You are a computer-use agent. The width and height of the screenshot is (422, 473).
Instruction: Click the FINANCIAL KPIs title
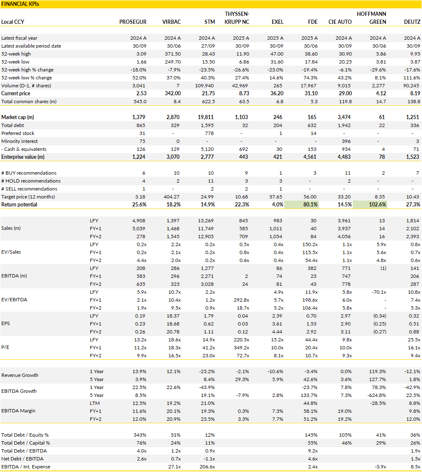click(17, 4)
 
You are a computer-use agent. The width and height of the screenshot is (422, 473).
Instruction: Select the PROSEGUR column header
click(133, 22)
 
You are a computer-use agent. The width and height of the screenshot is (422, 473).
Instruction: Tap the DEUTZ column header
click(412, 22)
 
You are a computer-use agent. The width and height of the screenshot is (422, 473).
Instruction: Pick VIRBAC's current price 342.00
click(172, 94)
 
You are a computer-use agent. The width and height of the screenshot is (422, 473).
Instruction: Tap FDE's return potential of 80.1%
click(309, 205)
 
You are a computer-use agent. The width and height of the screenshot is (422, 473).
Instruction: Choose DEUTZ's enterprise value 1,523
click(413, 157)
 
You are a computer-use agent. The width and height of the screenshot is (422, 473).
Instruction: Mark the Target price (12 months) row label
click(28, 197)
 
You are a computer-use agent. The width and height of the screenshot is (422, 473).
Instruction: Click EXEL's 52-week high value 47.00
click(277, 54)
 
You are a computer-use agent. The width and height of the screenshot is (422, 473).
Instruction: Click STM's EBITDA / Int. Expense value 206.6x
click(206, 467)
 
